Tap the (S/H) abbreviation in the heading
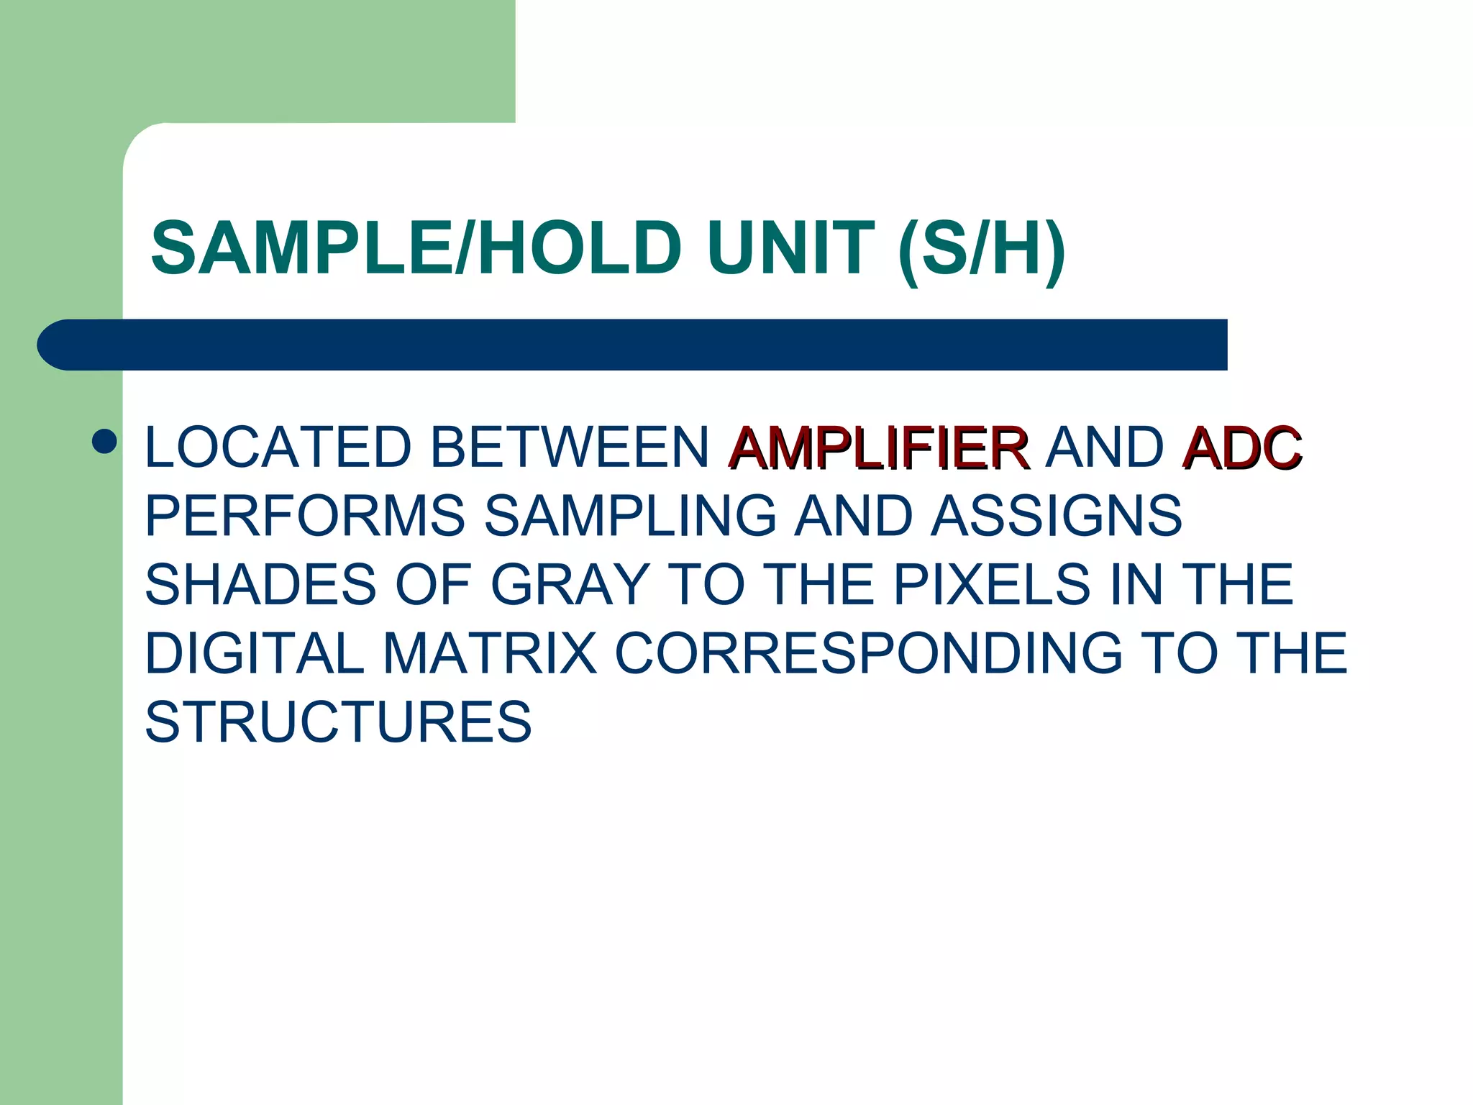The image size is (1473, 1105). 982,250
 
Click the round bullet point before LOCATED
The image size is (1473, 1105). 105,442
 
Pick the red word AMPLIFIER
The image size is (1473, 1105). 878,447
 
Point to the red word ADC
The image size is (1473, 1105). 1241,447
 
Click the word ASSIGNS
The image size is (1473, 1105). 1056,516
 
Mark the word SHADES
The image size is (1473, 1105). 260,584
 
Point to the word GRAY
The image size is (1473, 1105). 570,584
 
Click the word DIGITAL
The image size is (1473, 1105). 255,653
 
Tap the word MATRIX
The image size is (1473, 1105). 490,653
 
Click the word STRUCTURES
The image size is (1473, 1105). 338,722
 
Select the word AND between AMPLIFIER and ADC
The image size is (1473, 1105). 1104,447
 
